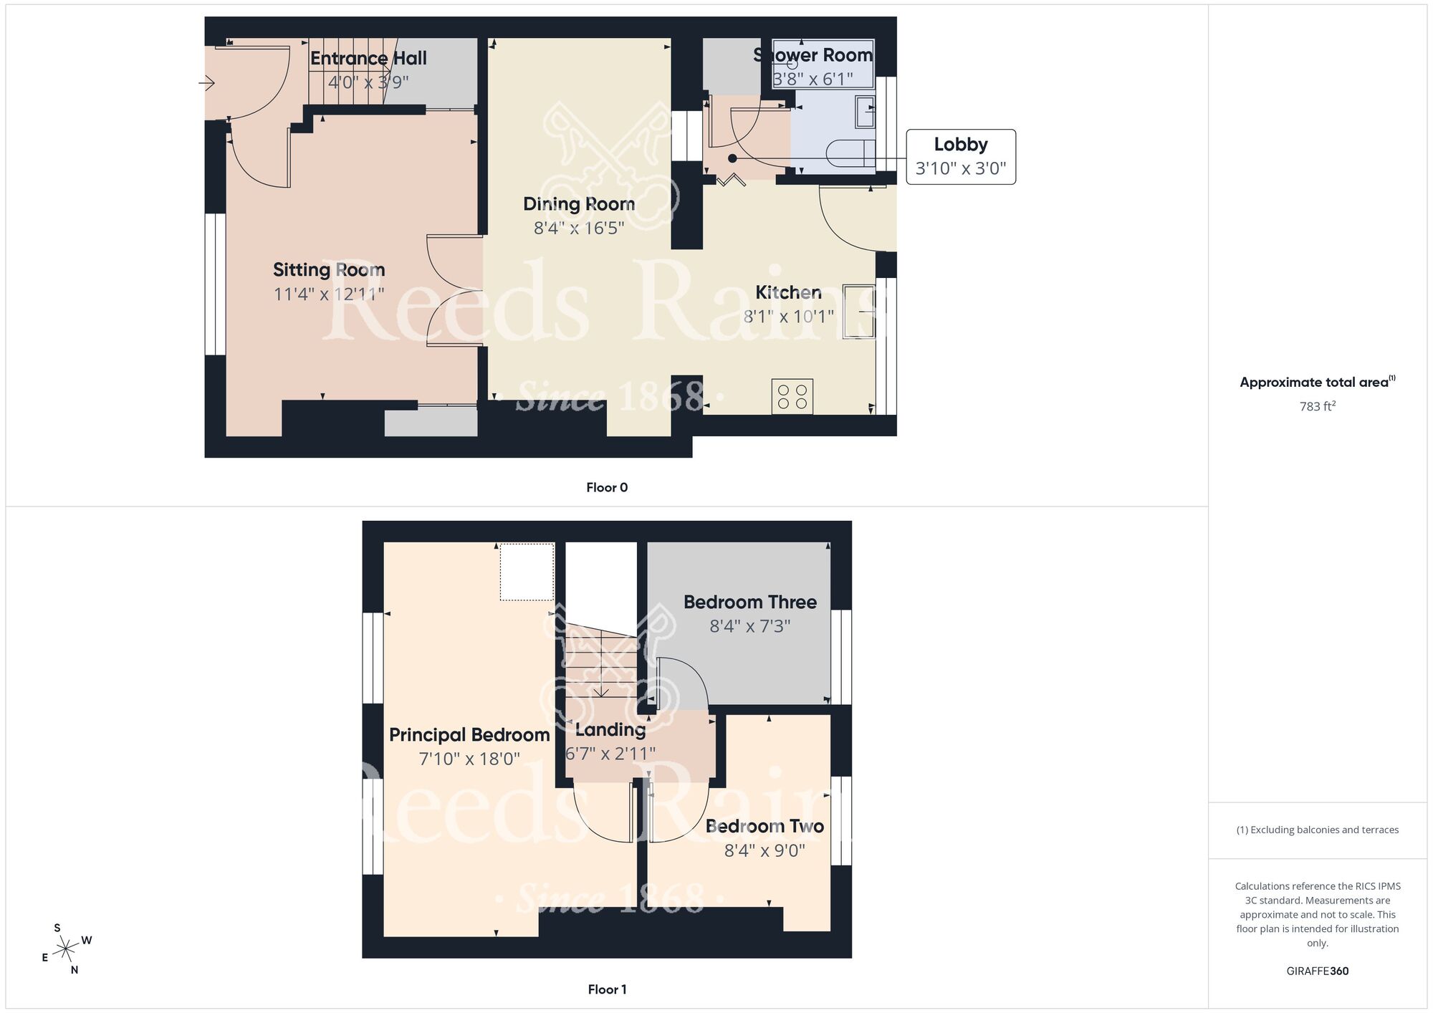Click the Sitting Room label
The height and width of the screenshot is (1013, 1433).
pyautogui.click(x=329, y=270)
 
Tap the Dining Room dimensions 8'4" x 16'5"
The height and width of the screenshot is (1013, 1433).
pyautogui.click(x=579, y=228)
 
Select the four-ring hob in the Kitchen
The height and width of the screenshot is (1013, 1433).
pyautogui.click(x=792, y=397)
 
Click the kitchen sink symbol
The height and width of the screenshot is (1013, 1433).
pyautogui.click(x=859, y=311)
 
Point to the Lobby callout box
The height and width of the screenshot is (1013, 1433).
pyautogui.click(x=960, y=156)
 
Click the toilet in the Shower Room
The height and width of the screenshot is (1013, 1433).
pyautogui.click(x=850, y=153)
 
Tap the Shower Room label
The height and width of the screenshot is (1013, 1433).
pyautogui.click(x=813, y=55)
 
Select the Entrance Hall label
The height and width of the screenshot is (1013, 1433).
pyautogui.click(x=368, y=59)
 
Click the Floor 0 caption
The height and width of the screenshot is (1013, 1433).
pyautogui.click(x=606, y=488)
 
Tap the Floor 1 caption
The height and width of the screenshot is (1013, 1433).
pyautogui.click(x=606, y=989)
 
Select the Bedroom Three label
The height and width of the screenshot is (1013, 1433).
pyautogui.click(x=749, y=602)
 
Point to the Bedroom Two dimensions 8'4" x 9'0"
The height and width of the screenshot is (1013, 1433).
pyautogui.click(x=765, y=850)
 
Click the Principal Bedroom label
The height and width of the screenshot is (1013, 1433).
pyautogui.click(x=469, y=735)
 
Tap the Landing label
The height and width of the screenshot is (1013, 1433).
pyautogui.click(x=610, y=730)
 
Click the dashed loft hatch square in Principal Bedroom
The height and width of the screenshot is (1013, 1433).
pyautogui.click(x=527, y=572)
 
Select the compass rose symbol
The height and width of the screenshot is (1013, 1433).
pyautogui.click(x=67, y=950)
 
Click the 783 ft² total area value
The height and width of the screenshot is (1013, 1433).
pyautogui.click(x=1317, y=406)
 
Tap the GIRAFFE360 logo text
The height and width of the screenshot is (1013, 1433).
pyautogui.click(x=1317, y=971)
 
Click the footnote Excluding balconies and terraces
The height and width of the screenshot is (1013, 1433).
pyautogui.click(x=1317, y=830)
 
